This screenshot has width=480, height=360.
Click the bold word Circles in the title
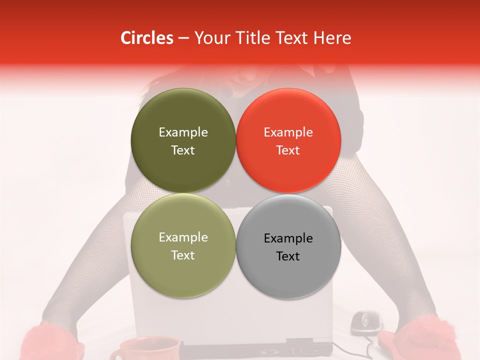146,38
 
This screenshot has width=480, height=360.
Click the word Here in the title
332,38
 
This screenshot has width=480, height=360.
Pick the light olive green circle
183,246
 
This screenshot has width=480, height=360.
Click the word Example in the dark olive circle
183,132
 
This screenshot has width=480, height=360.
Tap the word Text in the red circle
288,150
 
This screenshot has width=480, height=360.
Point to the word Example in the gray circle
288,238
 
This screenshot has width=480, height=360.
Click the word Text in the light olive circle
183,255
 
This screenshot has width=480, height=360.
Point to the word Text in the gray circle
288,256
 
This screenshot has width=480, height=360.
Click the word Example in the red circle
288,132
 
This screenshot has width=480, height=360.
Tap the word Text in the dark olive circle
183,150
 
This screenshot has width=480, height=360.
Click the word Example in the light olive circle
183,237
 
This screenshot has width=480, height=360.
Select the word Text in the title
291,38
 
